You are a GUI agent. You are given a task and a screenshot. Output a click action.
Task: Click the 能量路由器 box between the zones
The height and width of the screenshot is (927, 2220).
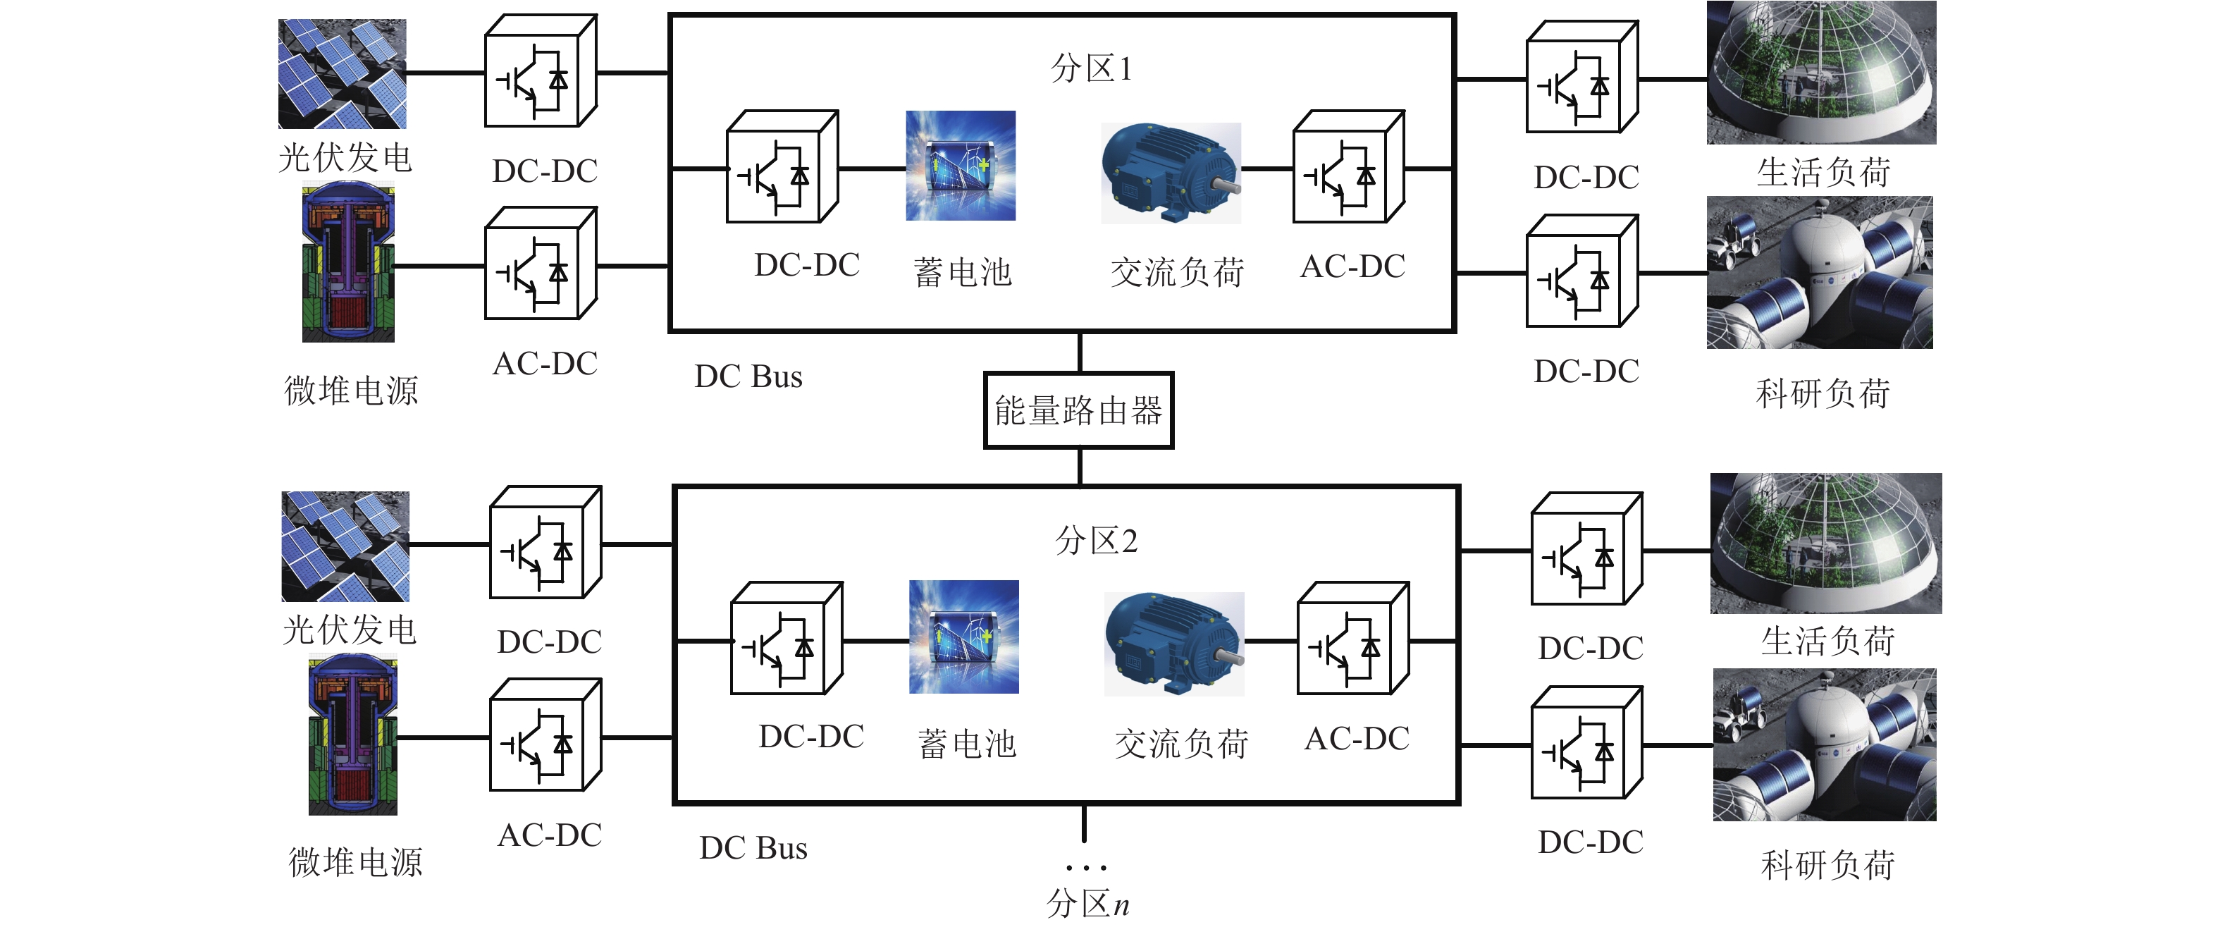[1078, 410]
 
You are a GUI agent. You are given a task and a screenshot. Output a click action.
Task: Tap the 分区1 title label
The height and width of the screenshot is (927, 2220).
[1091, 68]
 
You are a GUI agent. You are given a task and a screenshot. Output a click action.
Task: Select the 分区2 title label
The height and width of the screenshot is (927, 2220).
[1096, 541]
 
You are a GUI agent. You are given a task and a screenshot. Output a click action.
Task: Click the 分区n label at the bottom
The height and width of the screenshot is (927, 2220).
[1087, 904]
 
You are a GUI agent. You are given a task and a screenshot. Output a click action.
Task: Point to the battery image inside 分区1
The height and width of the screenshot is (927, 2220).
[960, 166]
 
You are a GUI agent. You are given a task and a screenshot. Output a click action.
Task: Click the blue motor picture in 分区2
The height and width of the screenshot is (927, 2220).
[1173, 644]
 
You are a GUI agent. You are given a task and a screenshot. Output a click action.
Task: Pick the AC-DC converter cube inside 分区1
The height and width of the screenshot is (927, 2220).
[1348, 167]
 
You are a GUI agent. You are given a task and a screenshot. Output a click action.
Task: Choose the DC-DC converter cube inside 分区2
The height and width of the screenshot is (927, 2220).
[785, 639]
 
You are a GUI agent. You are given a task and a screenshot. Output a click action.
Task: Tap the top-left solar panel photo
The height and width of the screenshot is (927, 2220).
[342, 74]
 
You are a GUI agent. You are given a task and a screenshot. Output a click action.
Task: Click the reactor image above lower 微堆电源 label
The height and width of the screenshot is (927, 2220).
[352, 735]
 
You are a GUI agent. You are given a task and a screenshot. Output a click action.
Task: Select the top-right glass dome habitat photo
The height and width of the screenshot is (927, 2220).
[1821, 73]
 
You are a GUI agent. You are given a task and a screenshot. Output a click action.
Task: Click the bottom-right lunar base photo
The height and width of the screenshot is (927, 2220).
[1824, 745]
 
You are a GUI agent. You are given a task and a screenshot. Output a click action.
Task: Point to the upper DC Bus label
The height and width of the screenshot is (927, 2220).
[748, 377]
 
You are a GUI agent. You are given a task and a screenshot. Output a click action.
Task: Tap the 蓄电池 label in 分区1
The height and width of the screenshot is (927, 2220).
[962, 273]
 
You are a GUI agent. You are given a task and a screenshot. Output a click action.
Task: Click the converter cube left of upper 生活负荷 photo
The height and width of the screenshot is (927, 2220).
[1581, 78]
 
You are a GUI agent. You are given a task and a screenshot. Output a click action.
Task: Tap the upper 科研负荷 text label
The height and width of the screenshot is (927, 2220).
[1823, 394]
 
